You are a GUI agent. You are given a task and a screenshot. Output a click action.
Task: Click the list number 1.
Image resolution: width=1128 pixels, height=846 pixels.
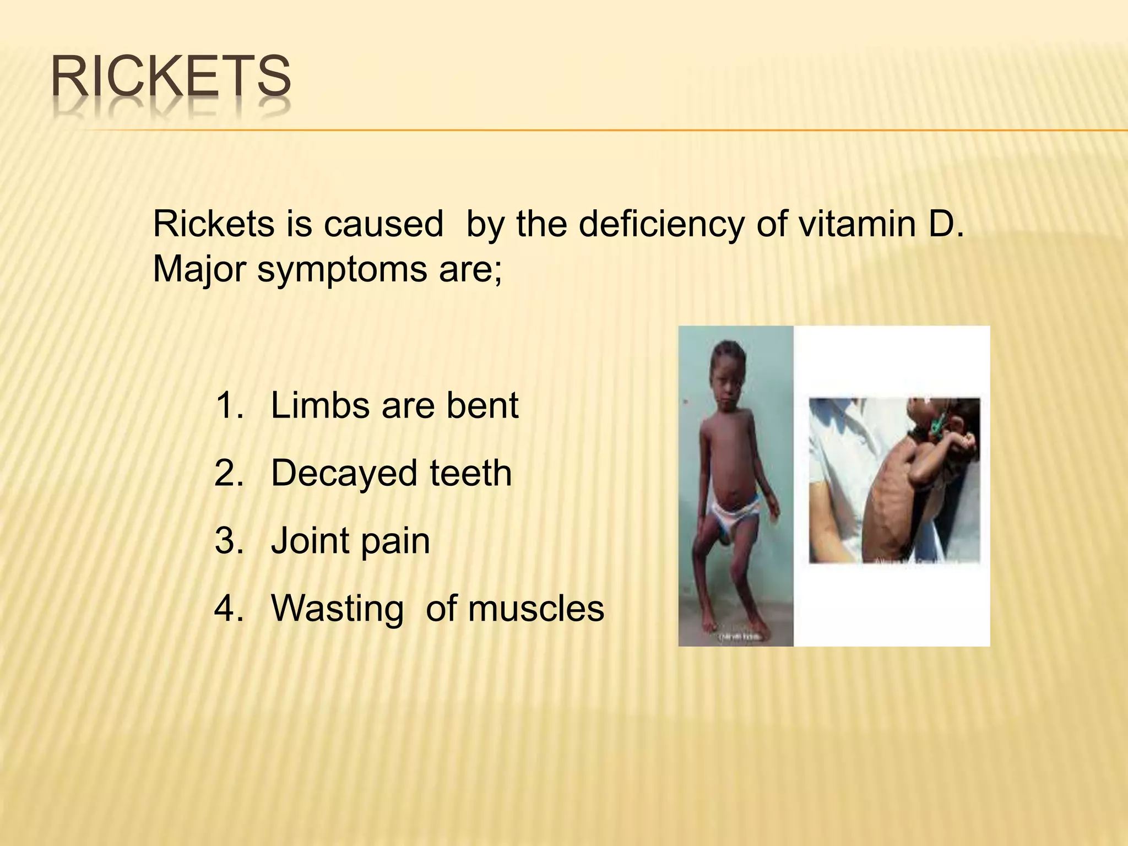click(229, 406)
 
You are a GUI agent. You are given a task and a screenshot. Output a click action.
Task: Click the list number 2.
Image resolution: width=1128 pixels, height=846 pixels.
click(229, 474)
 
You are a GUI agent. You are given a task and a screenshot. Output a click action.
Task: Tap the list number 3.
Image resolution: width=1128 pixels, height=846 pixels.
click(229, 541)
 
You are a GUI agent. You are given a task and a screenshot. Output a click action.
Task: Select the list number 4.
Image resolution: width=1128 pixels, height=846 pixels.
click(229, 609)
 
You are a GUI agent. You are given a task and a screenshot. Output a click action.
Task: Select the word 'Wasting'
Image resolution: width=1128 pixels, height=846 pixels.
click(337, 610)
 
